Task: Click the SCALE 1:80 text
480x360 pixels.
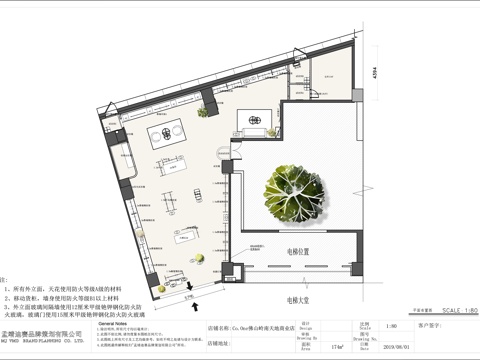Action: [454, 312]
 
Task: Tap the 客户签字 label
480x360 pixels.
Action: [437, 325]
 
